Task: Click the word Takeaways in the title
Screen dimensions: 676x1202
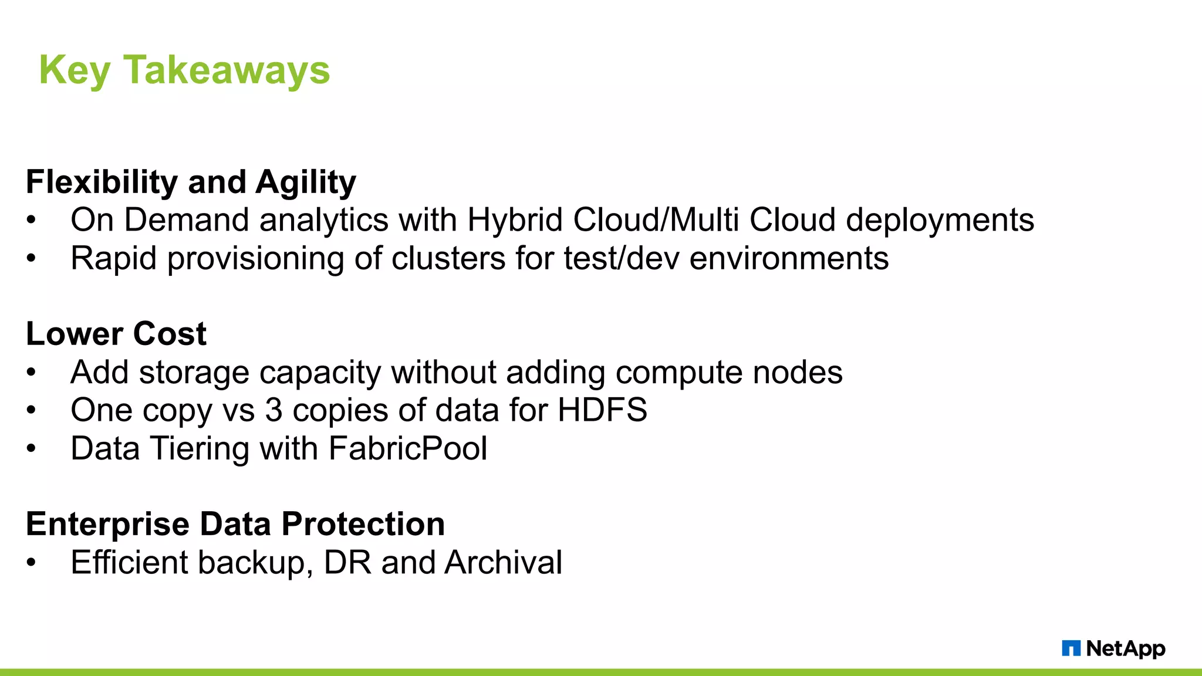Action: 227,70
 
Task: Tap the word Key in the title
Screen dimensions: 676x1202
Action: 75,70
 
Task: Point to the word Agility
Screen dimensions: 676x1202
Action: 306,182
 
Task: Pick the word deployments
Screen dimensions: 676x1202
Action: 940,221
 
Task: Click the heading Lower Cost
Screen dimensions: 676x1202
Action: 116,334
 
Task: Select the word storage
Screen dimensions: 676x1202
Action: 194,373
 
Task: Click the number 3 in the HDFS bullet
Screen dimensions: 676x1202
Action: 274,410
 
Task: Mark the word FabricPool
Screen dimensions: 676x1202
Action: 408,449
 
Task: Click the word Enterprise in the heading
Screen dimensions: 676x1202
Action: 107,524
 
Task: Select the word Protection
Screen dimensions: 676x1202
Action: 363,524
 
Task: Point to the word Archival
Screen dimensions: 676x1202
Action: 504,563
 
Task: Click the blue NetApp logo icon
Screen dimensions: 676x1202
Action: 1071,648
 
